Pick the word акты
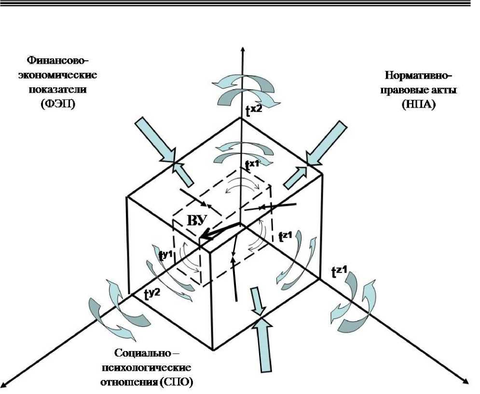click(x=439, y=90)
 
